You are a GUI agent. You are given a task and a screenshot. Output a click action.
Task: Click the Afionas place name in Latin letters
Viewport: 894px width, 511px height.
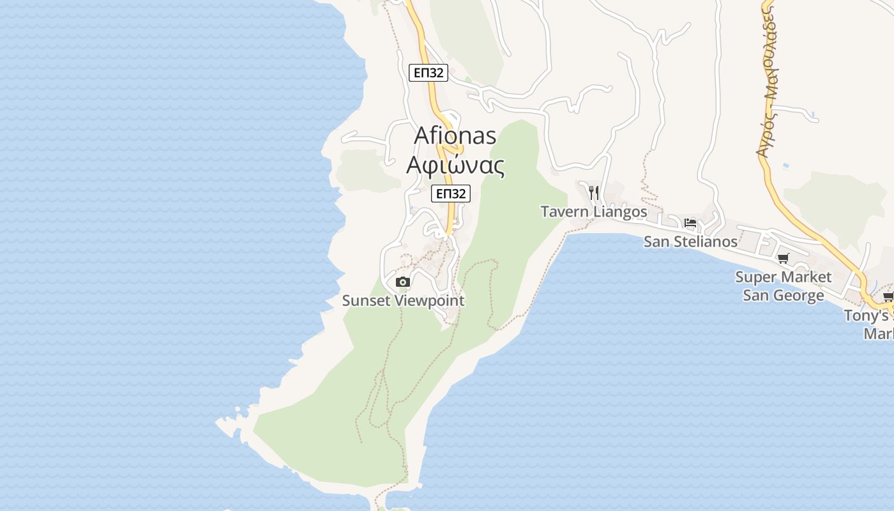pos(455,135)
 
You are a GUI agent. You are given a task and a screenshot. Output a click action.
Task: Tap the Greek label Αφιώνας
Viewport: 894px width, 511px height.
pos(455,165)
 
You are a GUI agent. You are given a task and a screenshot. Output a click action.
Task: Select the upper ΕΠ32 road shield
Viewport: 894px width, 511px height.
pos(428,73)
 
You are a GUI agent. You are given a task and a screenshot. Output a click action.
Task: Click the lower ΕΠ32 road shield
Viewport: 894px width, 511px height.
pos(451,194)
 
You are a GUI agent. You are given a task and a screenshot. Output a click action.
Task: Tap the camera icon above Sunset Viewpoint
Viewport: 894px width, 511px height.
pos(402,282)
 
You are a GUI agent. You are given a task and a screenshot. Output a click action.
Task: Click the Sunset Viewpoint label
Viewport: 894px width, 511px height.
pos(403,300)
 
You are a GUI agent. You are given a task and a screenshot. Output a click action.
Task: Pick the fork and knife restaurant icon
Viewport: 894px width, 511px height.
pos(594,192)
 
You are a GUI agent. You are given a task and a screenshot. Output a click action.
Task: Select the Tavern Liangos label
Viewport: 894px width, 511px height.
pos(594,211)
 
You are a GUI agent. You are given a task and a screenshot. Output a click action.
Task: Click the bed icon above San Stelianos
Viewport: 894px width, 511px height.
pos(690,223)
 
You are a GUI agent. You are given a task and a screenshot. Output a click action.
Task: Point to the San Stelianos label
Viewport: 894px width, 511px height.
pos(690,242)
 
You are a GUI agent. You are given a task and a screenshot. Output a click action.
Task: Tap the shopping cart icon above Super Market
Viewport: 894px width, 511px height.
pos(783,259)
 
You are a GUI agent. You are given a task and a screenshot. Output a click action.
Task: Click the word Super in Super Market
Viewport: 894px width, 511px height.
pos(755,277)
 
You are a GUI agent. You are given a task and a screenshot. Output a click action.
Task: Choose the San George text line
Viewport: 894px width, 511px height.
pos(783,296)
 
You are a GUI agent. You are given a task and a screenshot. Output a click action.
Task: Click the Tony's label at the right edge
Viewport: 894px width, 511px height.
pos(867,316)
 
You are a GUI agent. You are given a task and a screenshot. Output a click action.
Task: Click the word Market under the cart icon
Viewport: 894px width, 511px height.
pos(804,277)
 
